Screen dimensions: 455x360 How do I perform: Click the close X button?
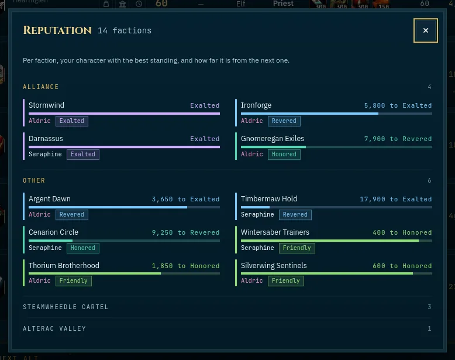coord(425,30)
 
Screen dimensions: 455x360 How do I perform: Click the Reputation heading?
coord(57,30)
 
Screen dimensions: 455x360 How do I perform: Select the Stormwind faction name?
coord(46,105)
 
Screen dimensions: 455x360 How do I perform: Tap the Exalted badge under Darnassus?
coord(82,155)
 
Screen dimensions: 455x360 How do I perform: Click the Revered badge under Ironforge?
coord(284,121)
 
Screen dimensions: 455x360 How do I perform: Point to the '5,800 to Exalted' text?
coord(398,105)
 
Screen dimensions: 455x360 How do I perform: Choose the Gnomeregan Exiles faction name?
coord(273,139)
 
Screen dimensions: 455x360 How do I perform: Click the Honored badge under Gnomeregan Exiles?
coord(284,155)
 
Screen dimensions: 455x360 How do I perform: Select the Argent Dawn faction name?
coord(50,199)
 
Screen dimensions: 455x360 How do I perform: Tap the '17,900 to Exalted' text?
coord(396,199)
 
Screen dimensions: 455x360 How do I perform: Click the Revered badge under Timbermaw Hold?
coord(295,215)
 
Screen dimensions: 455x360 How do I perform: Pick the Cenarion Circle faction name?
coord(53,232)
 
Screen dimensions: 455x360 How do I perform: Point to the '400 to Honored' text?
coord(402,232)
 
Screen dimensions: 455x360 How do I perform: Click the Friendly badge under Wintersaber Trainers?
coord(297,248)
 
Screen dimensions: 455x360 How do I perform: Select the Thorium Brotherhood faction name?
coord(64,266)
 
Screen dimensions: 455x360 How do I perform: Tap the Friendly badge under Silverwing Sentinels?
coord(286,280)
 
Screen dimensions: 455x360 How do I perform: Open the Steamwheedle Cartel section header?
coord(66,307)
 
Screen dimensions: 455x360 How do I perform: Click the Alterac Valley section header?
coord(54,328)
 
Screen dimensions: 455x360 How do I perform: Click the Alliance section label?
coord(40,87)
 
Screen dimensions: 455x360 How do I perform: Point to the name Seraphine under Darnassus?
coord(45,155)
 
